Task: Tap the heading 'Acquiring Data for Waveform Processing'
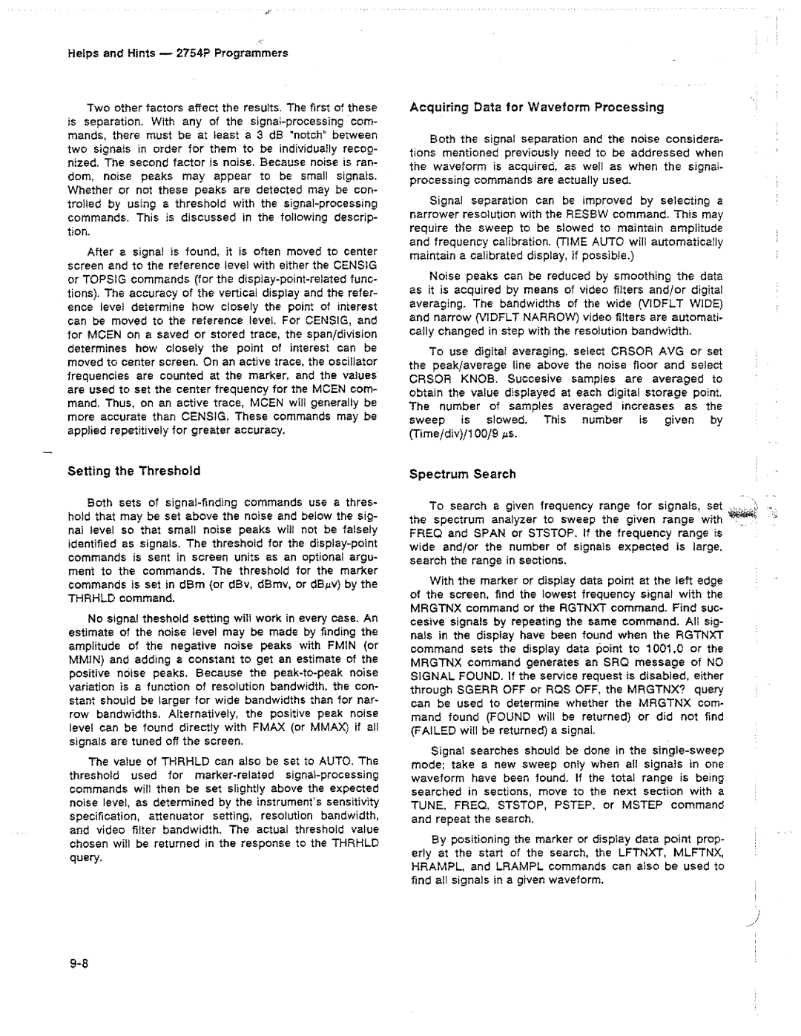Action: point(537,107)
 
